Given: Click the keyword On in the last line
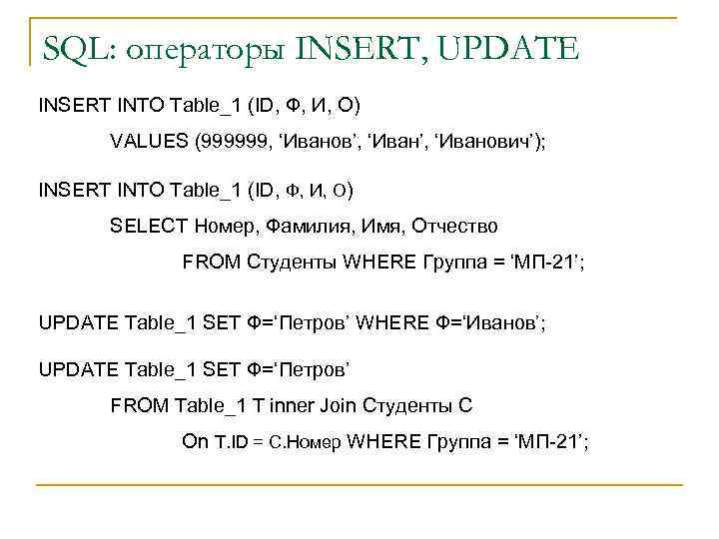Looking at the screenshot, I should [x=195, y=442].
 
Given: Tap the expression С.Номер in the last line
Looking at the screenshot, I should [x=305, y=443].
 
